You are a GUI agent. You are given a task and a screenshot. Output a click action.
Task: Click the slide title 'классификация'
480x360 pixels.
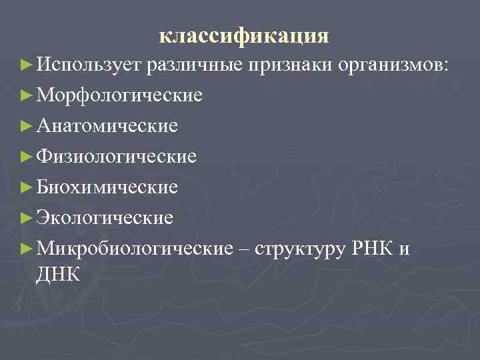[x=244, y=35]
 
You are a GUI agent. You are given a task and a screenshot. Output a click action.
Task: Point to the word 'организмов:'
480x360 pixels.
[x=394, y=65]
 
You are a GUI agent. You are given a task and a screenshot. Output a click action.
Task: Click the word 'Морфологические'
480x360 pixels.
[x=120, y=95]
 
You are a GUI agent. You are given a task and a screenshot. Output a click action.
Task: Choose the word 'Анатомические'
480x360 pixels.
[x=107, y=125]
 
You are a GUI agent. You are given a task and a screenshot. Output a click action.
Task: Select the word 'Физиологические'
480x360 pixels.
[x=117, y=156]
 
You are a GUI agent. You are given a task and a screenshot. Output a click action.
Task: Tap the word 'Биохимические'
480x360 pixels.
[x=107, y=187]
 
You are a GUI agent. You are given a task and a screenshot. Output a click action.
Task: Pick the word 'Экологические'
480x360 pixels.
[x=105, y=217]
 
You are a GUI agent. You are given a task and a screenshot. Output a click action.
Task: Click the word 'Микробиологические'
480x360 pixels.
[x=132, y=247]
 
